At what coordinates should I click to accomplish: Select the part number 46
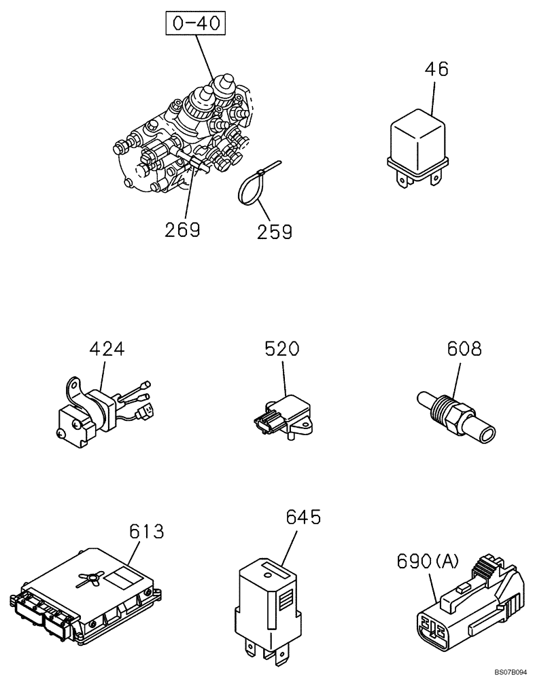(437, 69)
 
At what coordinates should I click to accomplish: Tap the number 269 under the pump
(182, 230)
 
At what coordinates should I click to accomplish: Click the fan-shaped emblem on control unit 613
(89, 577)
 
